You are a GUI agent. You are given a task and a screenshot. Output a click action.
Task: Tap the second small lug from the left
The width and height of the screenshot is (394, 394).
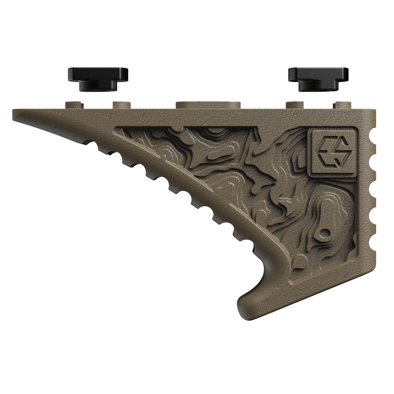pyautogui.click(x=121, y=105)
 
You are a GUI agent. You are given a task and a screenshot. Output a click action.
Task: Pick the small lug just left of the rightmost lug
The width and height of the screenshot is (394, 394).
pyautogui.click(x=295, y=105)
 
